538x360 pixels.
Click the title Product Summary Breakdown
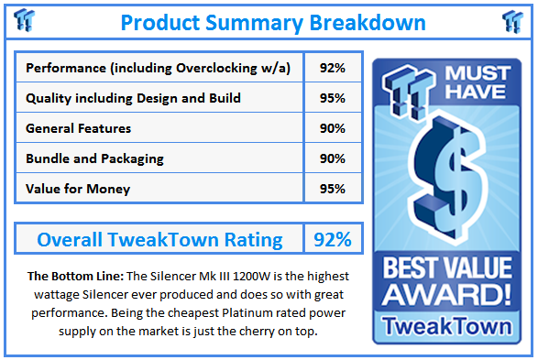click(273, 21)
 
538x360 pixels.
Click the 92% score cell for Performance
click(333, 68)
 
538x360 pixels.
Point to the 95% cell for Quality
click(333, 98)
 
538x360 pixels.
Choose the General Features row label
click(79, 128)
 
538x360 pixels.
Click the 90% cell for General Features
click(333, 128)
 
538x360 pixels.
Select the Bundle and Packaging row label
click(95, 158)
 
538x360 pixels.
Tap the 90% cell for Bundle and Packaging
click(333, 158)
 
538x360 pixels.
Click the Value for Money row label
click(78, 189)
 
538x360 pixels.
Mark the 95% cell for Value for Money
click(333, 189)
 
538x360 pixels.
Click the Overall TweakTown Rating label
click(159, 240)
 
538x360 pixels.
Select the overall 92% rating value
click(333, 240)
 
